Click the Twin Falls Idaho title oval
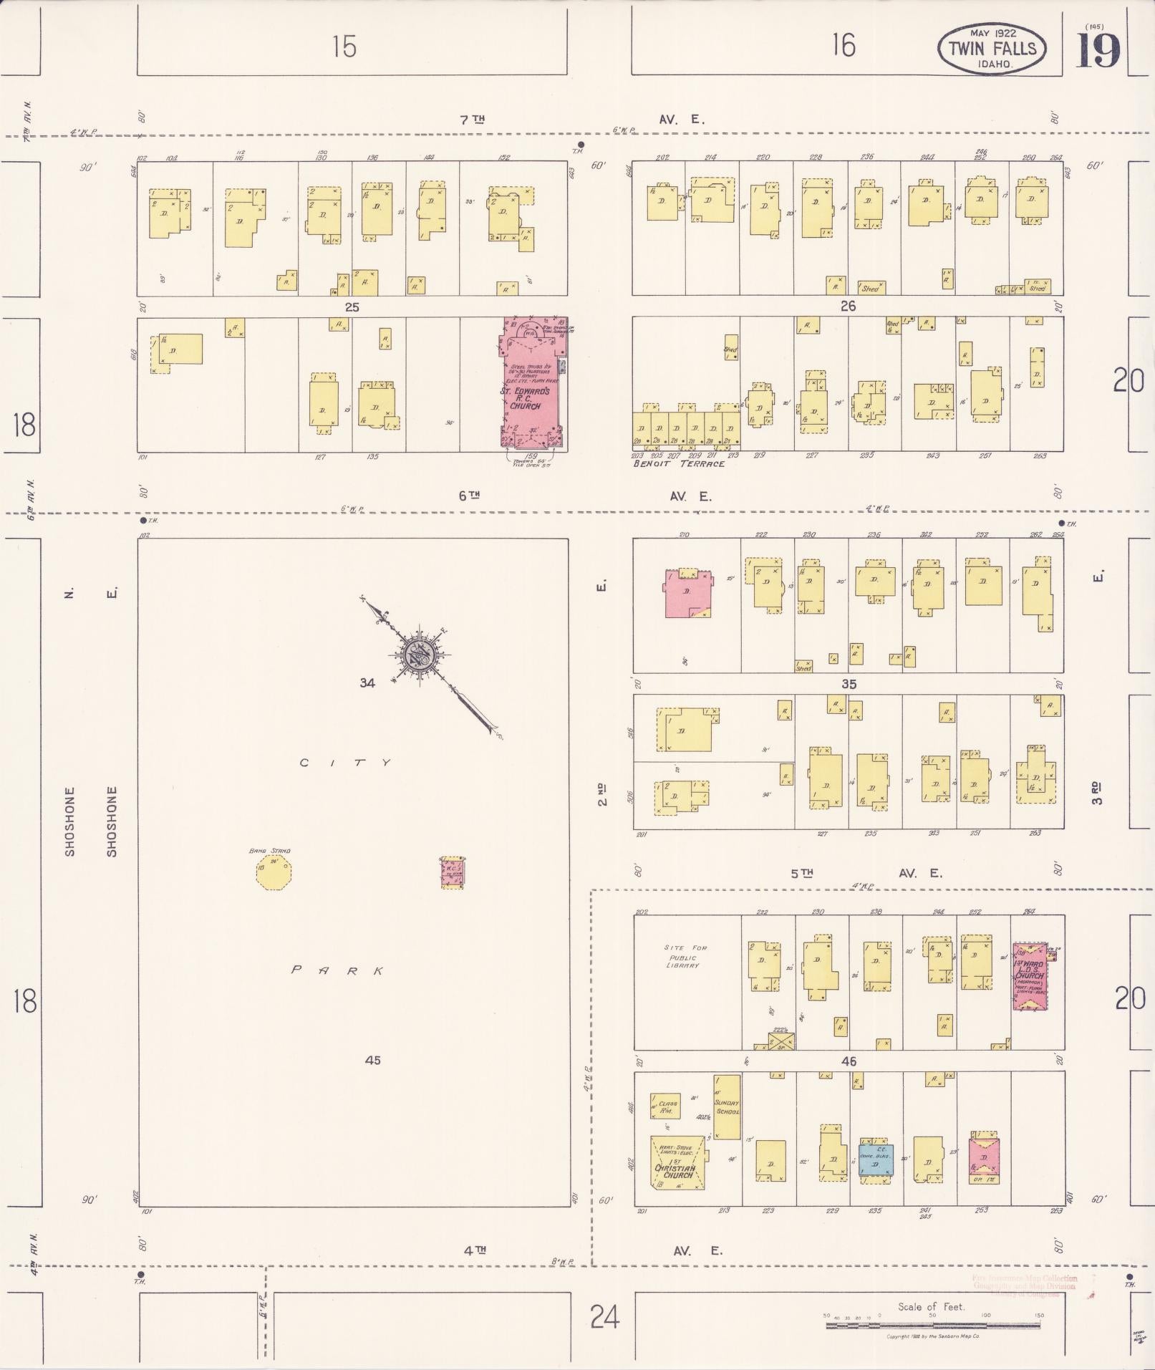click(992, 49)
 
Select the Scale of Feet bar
click(933, 1326)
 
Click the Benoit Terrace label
click(679, 464)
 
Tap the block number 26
click(849, 307)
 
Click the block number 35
click(849, 684)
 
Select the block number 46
click(849, 1061)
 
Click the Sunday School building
click(727, 1106)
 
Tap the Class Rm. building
click(665, 1106)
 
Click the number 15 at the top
click(344, 47)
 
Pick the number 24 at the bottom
click(604, 1316)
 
